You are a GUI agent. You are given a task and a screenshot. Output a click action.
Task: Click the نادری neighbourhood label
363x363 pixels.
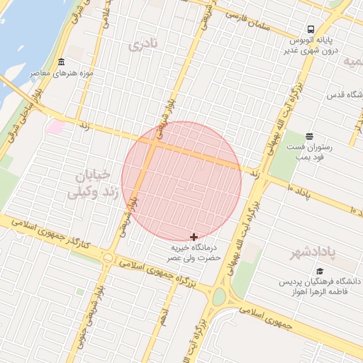[145, 45]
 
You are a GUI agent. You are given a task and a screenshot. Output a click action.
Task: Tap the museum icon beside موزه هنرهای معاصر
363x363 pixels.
[62, 62]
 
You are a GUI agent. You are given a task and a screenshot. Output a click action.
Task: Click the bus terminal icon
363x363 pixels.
[310, 28]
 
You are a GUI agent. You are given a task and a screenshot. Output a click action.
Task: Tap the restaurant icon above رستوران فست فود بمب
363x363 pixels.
[309, 136]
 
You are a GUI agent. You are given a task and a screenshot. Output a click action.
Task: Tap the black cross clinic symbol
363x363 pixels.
[194, 237]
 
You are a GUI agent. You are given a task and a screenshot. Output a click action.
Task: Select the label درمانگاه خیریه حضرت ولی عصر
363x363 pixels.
[194, 254]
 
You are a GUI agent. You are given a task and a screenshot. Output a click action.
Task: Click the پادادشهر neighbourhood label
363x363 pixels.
[313, 252]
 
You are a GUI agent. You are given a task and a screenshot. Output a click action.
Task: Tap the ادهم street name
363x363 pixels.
[164, 316]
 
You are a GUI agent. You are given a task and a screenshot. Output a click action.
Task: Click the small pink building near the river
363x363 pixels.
[55, 127]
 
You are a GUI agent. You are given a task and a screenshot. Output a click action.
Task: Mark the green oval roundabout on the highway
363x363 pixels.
[219, 296]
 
